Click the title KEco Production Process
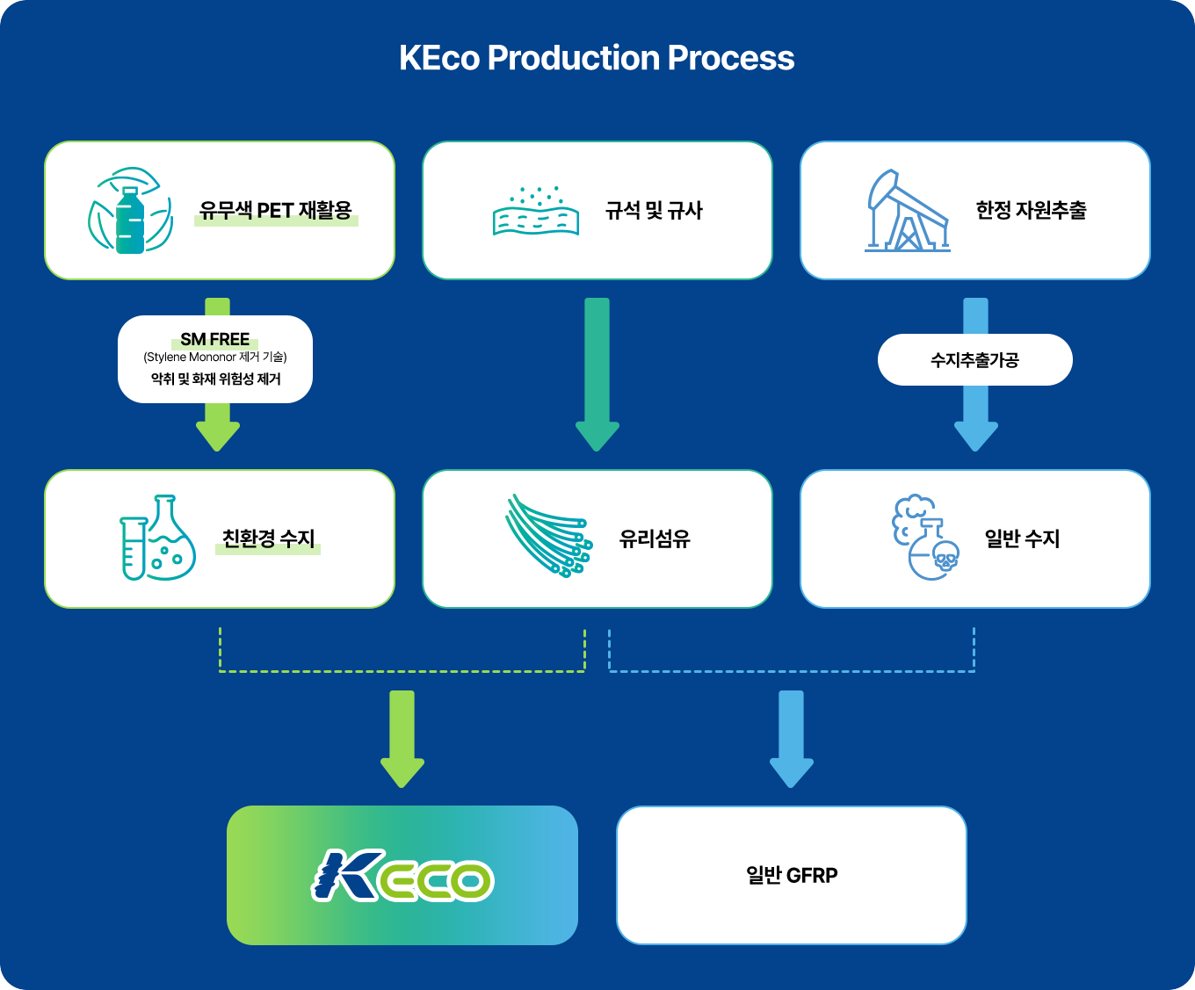point(597,58)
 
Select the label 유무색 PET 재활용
point(275,211)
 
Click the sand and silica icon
point(536,212)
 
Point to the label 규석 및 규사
point(654,211)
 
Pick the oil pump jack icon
point(908,211)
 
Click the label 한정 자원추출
point(1031,211)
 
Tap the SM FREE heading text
point(215,339)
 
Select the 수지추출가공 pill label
point(974,359)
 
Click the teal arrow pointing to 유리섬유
point(597,373)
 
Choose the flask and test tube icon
point(157,538)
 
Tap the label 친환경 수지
point(268,538)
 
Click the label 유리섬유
point(655,538)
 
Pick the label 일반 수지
point(1022,538)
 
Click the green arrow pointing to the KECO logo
point(402,738)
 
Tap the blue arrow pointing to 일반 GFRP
point(792,738)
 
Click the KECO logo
point(402,875)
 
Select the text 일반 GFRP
point(792,875)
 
